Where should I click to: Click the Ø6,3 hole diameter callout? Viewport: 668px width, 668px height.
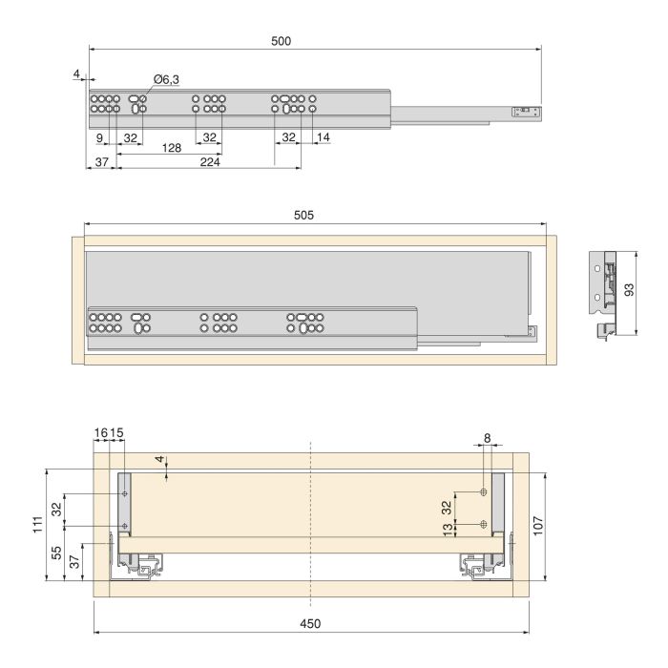coord(167,80)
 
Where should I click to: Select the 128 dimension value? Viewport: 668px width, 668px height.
coord(172,148)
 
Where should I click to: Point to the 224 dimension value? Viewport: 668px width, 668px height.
coord(210,163)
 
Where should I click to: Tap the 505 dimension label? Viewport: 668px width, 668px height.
coord(303,216)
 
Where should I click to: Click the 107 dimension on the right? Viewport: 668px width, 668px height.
coord(565,525)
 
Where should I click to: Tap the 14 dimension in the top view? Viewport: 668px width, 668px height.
coord(324,138)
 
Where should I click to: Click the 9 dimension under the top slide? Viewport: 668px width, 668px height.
coord(100,138)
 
